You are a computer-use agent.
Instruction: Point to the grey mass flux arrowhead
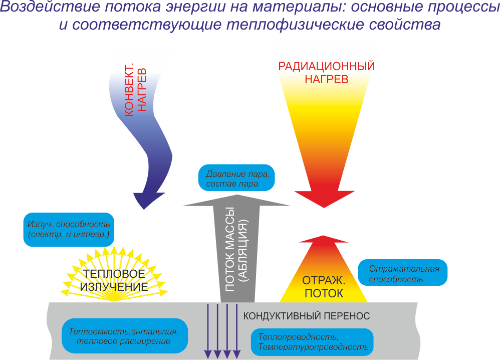[236, 199]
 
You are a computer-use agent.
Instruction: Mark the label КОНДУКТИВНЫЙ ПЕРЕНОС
[306, 316]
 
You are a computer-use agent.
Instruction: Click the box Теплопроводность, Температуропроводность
[313, 341]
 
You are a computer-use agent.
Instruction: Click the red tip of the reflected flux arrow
[324, 242]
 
